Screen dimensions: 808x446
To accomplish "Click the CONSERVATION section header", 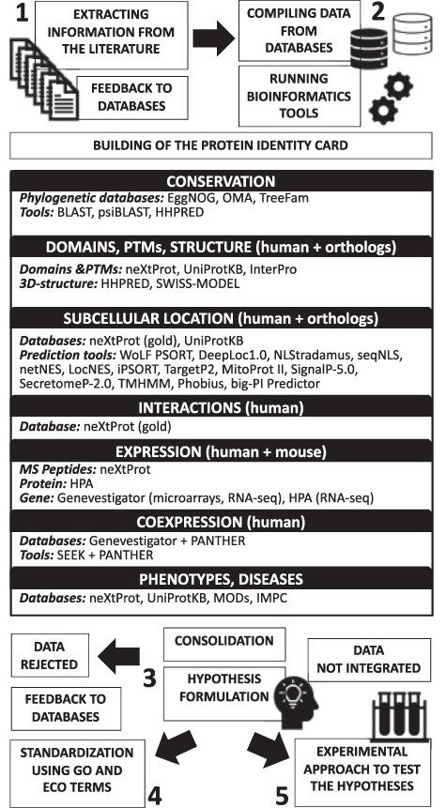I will point(223,179).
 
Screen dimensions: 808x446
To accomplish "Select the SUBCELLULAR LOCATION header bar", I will point(223,316).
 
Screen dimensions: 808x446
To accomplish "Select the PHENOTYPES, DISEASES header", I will point(223,569).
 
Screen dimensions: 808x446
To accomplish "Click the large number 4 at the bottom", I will point(157,794).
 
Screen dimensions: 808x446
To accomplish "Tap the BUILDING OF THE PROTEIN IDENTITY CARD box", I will point(221,145).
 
